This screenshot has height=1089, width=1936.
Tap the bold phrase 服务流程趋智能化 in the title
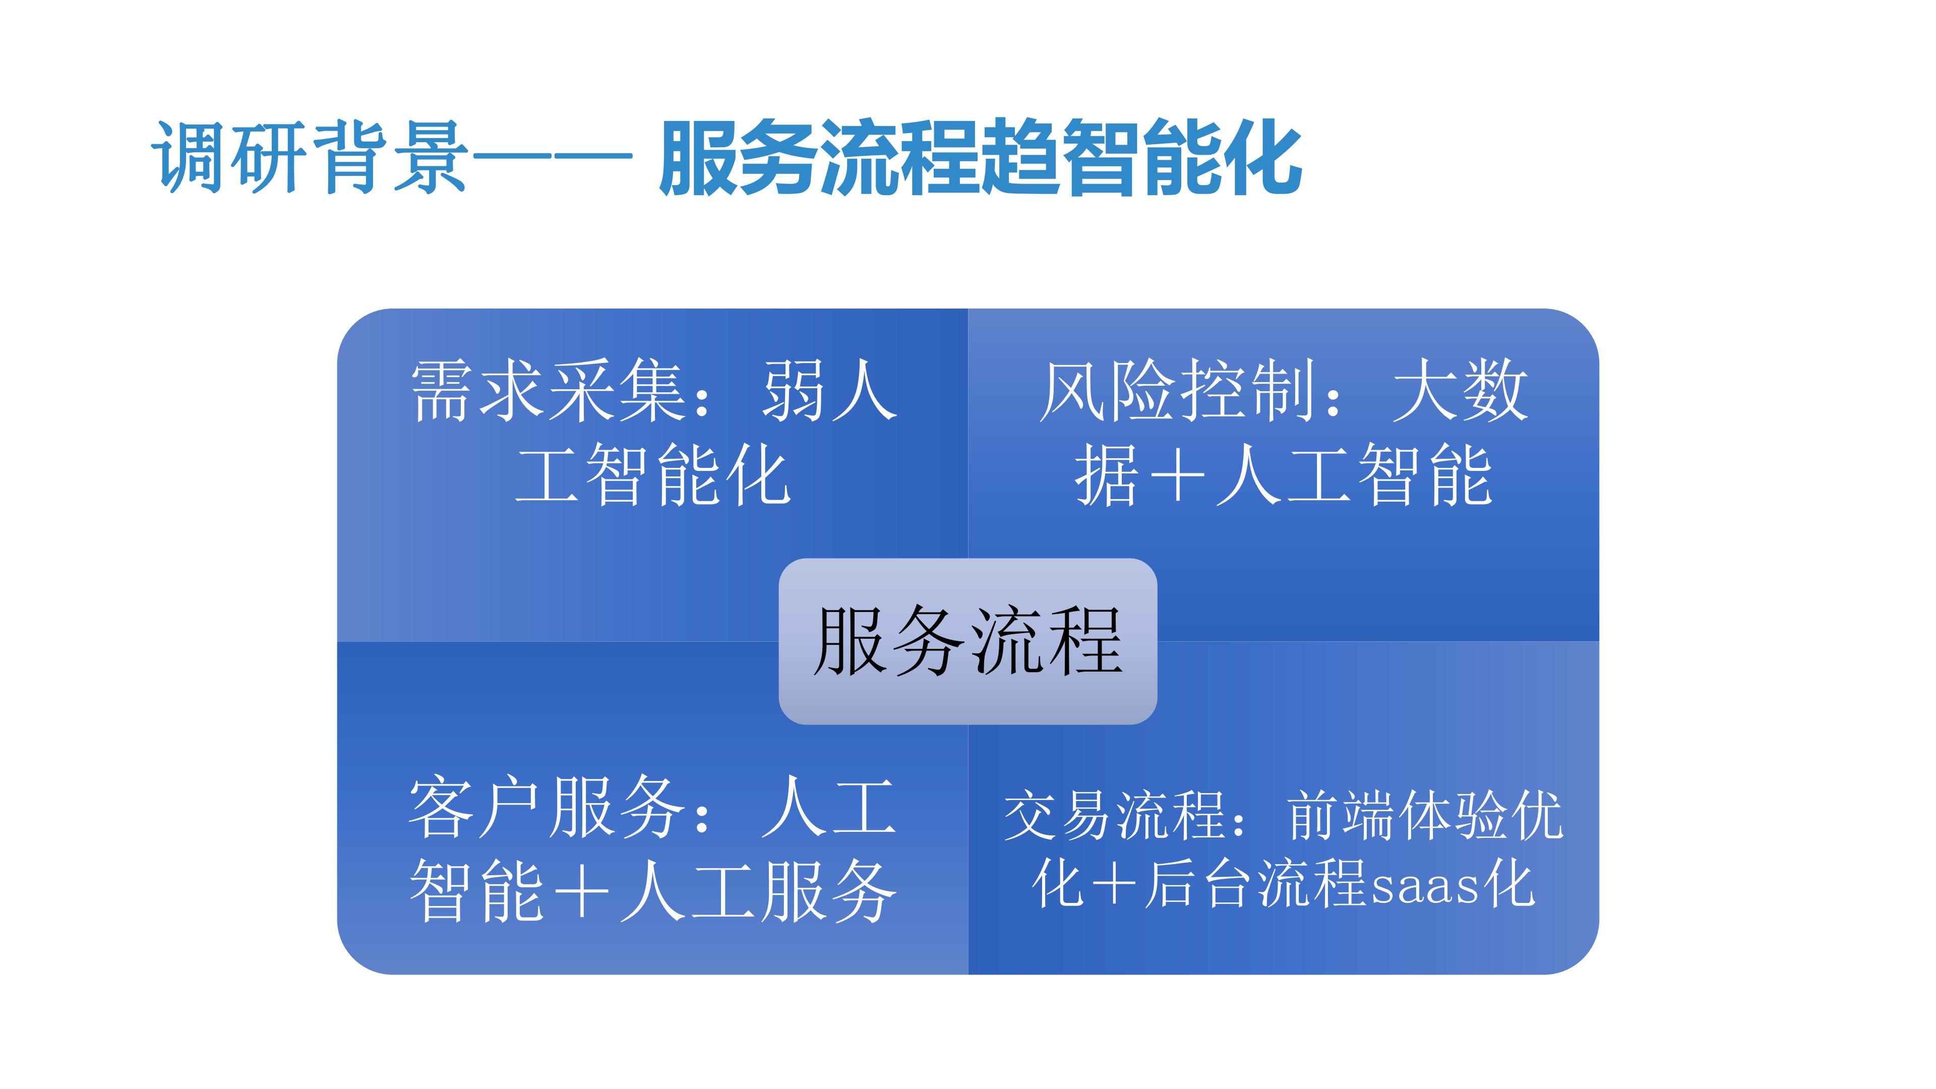pos(981,158)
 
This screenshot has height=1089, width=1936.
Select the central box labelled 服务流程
pos(967,641)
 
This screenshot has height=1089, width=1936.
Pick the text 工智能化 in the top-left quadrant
pos(652,475)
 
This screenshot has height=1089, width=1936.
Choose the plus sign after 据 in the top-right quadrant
pos(1176,475)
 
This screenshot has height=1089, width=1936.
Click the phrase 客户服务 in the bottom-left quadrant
pos(546,809)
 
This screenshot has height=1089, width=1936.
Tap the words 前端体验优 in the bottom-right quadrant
pos(1425,815)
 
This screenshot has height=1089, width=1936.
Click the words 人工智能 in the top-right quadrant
pos(1353,475)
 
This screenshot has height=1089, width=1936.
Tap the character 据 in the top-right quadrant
pos(1105,475)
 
